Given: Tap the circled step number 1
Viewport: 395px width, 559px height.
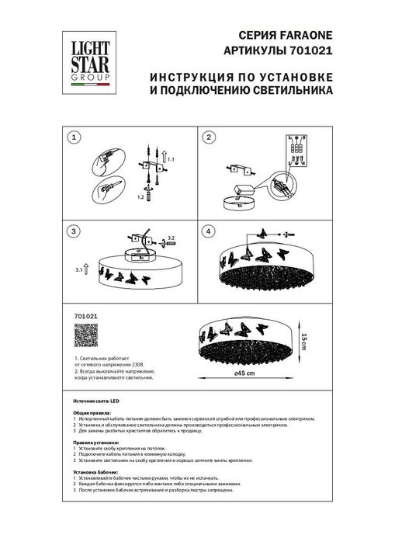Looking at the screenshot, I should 74,137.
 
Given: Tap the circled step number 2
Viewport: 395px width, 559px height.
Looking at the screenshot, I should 209,137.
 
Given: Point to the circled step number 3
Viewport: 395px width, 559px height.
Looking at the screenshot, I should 74,231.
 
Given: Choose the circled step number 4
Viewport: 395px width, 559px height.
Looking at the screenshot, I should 209,231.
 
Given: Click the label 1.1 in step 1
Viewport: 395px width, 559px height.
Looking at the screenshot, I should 172,158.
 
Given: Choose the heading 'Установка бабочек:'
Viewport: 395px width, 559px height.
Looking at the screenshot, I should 97,471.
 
